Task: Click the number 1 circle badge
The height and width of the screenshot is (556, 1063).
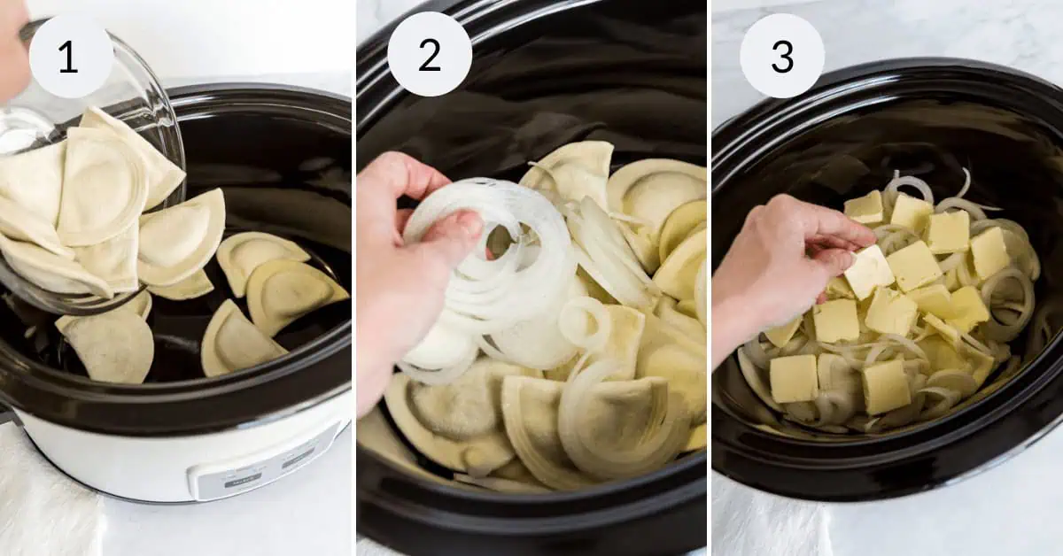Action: coord(71,56)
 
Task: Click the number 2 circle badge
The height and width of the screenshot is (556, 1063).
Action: coord(430,56)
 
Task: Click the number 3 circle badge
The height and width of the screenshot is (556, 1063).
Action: coord(782,56)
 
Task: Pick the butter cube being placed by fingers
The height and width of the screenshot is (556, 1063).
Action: coord(867,271)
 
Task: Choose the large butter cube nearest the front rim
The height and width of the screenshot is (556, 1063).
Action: coord(793,378)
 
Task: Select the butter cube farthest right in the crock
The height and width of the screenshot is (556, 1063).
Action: coord(989,252)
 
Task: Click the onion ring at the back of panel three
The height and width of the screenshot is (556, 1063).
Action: coord(908,187)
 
